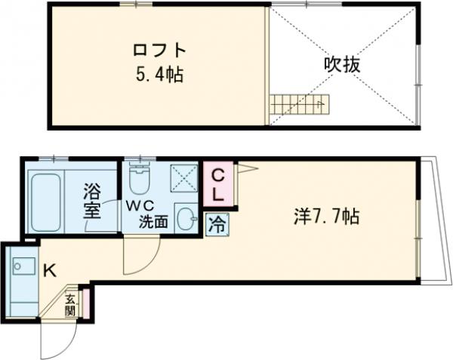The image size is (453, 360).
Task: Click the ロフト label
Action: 158,53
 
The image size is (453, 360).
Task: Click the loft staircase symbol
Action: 300,102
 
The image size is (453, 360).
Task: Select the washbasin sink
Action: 186,219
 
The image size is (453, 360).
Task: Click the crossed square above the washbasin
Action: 184,180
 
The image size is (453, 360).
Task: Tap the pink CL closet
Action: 217,183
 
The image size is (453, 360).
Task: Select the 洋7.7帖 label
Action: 325,217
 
